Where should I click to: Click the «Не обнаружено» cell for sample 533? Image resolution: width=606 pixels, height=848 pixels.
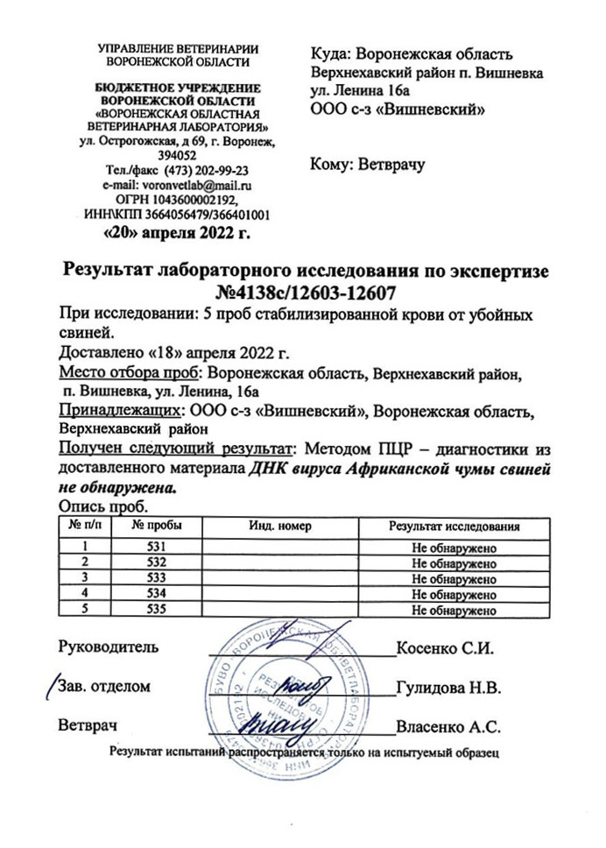454,578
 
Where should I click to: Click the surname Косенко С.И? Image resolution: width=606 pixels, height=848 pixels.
447,649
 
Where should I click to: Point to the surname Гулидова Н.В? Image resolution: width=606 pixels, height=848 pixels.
447,688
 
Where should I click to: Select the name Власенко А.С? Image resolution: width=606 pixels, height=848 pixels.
447,726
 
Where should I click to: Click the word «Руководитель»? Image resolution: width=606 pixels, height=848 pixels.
109,649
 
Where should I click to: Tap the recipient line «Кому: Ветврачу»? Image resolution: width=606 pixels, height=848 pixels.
367,164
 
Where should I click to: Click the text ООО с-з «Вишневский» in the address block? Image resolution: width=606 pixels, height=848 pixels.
398,108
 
